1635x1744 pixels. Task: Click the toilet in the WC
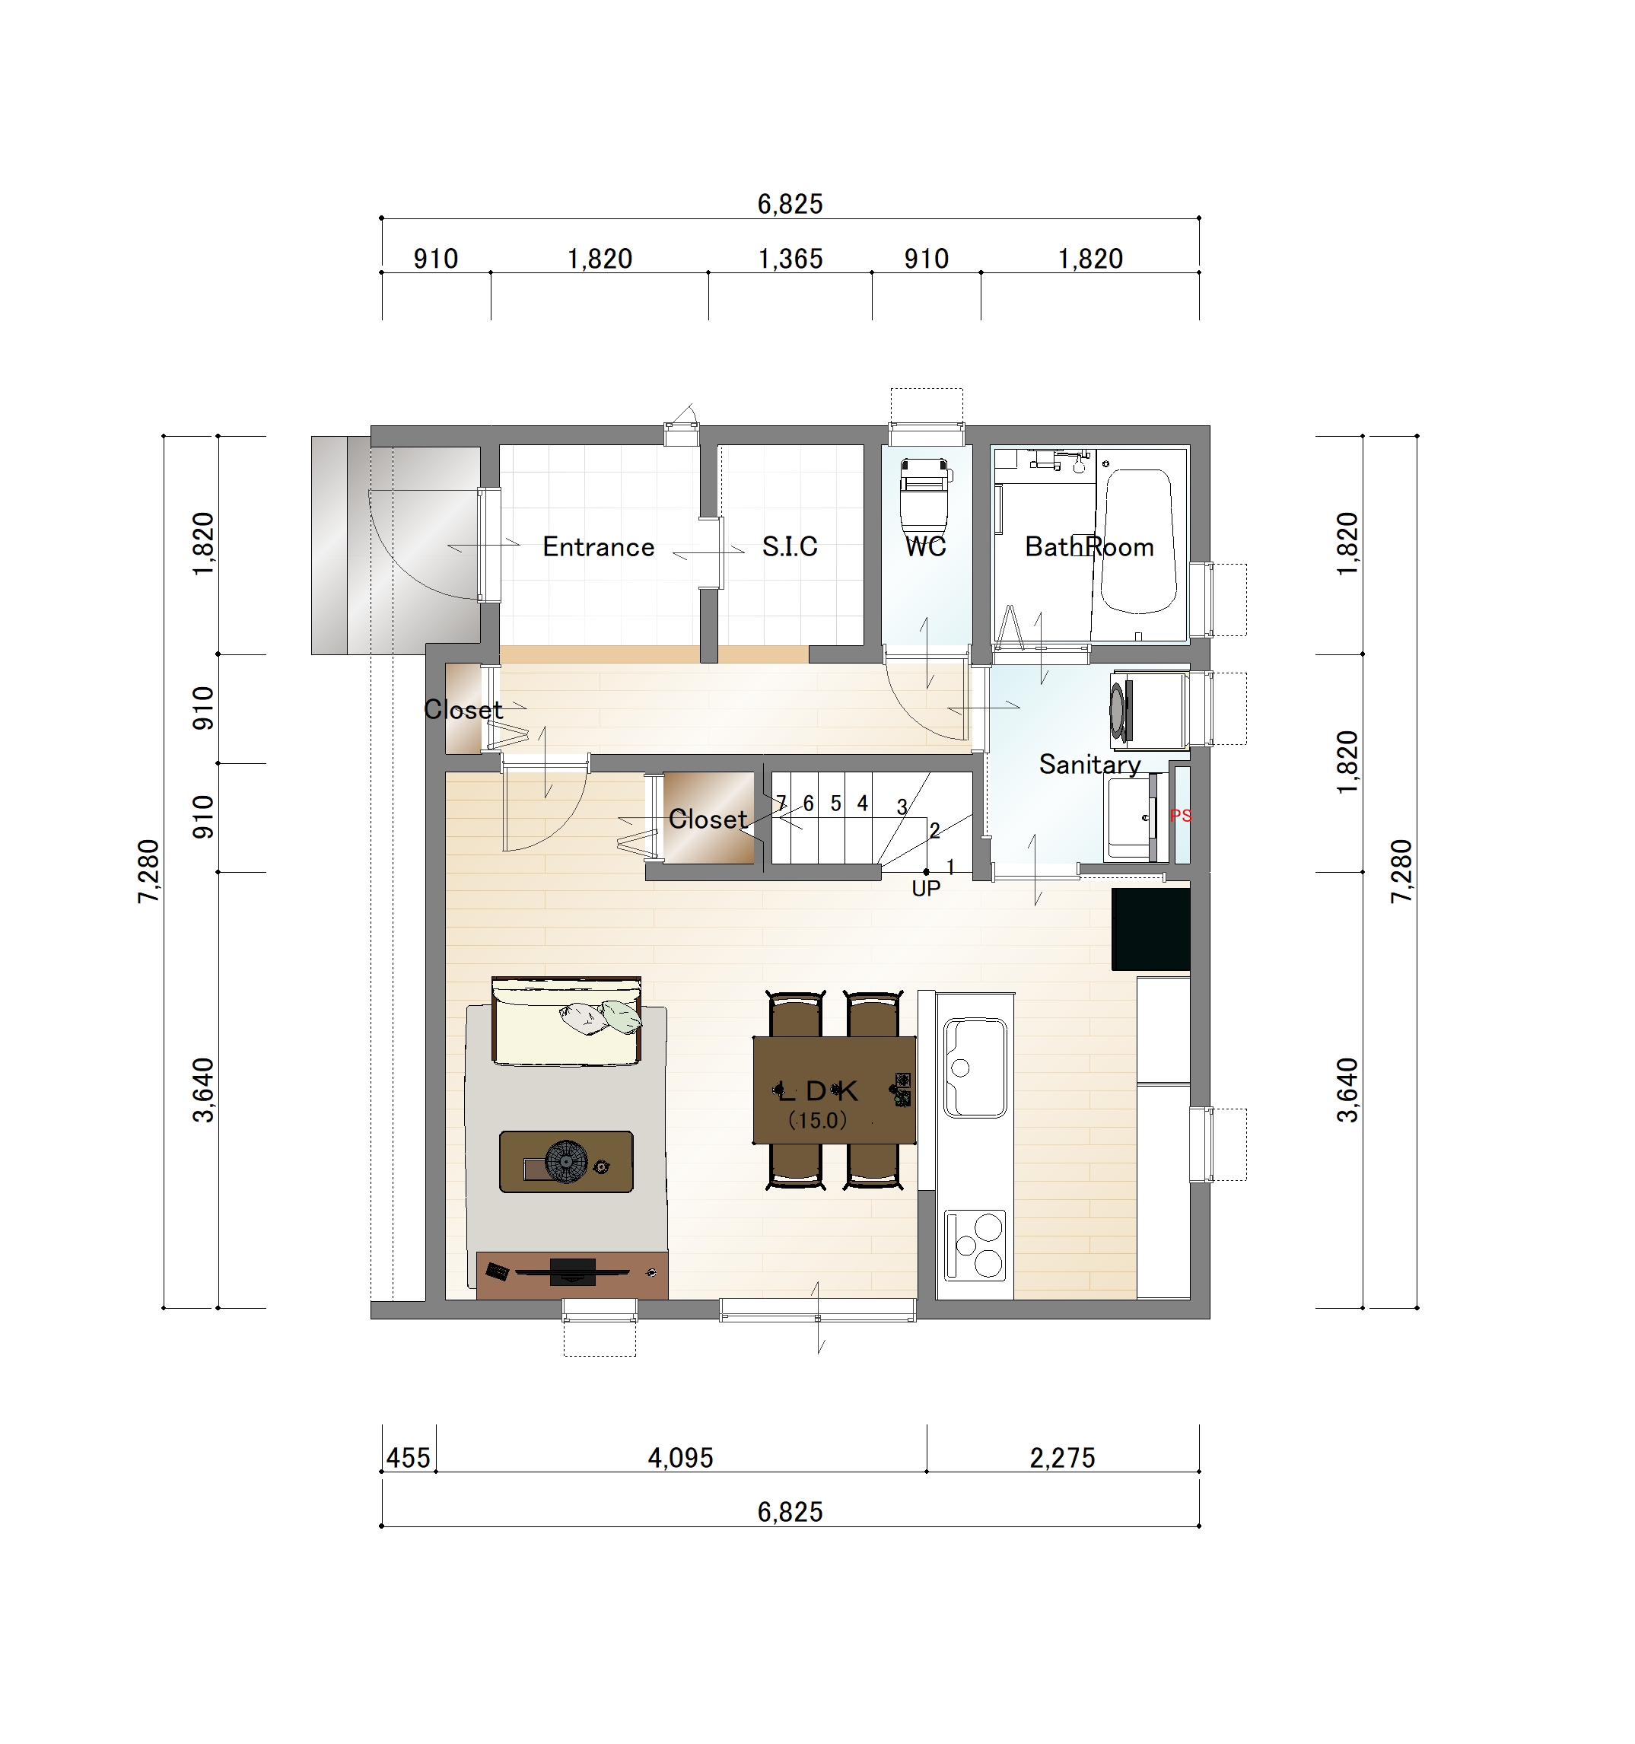925,498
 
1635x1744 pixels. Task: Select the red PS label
1181,816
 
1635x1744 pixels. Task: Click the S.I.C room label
790,546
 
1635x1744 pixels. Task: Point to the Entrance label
598,546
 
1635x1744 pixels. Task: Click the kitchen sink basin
975,1068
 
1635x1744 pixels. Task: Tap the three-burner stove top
975,1245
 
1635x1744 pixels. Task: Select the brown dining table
834,1090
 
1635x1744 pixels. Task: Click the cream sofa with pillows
567,1021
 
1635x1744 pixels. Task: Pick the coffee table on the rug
566,1161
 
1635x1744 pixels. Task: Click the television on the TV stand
572,1272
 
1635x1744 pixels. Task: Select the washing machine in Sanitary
1148,709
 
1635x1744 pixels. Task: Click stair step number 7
781,803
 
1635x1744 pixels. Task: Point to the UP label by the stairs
926,889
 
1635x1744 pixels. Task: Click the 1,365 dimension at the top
790,259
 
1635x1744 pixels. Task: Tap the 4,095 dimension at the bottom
681,1458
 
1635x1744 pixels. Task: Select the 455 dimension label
409,1458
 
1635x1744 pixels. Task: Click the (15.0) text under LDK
817,1120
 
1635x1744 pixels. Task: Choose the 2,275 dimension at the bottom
1062,1458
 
